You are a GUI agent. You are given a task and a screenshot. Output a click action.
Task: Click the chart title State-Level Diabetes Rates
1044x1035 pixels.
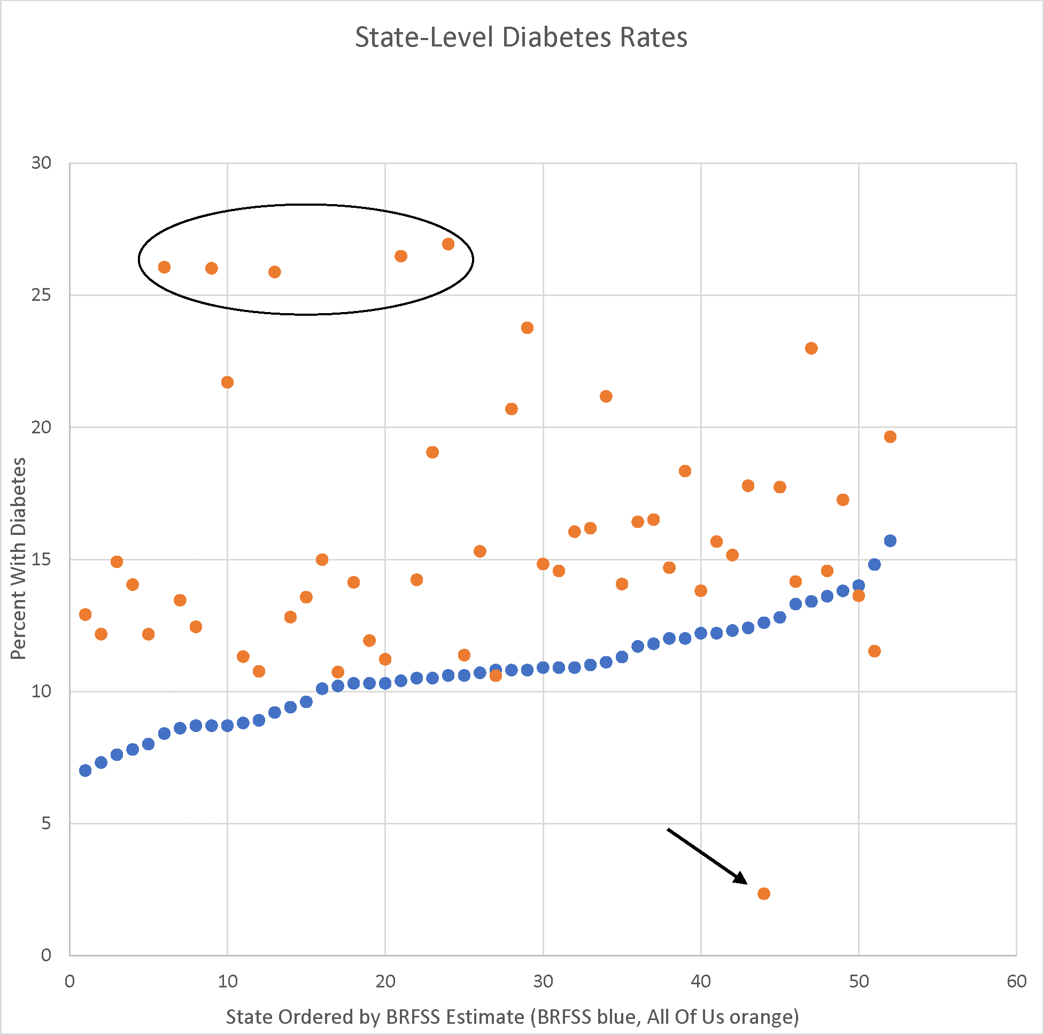tap(521, 38)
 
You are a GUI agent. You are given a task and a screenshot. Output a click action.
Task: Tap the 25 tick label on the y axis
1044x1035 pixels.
tap(41, 295)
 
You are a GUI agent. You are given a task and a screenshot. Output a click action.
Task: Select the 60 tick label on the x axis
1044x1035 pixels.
tap(1016, 982)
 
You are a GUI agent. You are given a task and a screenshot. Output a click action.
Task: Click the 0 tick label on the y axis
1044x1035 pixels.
tap(47, 955)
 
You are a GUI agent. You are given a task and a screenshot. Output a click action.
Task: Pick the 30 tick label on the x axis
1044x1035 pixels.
tap(543, 982)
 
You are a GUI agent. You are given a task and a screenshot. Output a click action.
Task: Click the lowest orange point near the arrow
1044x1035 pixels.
tap(763, 894)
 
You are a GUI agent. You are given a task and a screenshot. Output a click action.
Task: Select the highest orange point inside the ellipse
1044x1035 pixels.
tap(448, 244)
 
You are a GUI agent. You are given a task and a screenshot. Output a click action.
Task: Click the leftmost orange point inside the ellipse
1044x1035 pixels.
tap(164, 267)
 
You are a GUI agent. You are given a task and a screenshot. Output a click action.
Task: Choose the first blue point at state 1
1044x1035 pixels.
tap(86, 771)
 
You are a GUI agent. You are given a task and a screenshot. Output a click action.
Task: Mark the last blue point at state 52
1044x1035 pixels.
tap(890, 541)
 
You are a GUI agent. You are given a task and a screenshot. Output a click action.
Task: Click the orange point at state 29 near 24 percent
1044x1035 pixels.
tap(527, 328)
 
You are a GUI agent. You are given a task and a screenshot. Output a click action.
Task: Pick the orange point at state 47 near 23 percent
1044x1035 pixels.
tap(811, 348)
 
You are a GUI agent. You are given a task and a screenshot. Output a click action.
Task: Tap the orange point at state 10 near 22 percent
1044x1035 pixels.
tap(227, 383)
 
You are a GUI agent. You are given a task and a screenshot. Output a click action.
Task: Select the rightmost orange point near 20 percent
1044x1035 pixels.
tap(890, 437)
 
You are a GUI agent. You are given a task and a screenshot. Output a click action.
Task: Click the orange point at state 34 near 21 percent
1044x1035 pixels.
tap(606, 396)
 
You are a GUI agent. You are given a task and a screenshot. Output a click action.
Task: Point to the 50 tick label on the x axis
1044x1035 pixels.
tap(859, 982)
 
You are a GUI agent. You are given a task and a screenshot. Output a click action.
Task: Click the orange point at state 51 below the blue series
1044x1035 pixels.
tap(875, 651)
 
